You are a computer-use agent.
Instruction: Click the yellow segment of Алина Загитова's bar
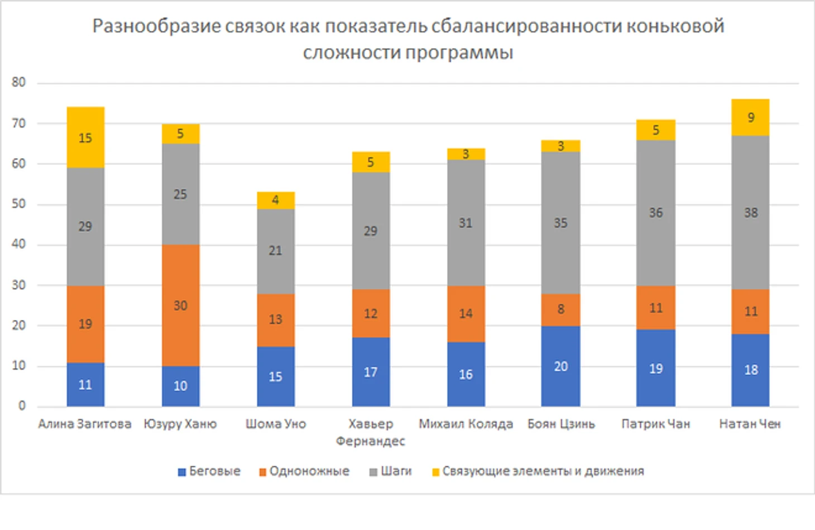[85, 137]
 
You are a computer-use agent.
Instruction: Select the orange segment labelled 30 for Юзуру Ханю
[180, 305]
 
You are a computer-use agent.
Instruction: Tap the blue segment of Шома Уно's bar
[276, 376]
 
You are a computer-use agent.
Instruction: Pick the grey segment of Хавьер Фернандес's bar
[371, 231]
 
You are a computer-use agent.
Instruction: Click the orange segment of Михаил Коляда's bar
[466, 313]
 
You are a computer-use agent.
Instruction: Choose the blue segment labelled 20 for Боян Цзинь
[560, 366]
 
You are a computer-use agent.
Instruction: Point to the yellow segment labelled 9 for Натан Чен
[750, 117]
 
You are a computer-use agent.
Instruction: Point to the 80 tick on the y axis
[19, 83]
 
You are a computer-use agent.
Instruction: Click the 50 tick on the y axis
[19, 204]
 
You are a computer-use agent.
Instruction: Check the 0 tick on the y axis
[22, 406]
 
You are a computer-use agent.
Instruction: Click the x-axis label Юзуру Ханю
[180, 424]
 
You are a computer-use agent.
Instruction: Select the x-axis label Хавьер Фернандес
[371, 432]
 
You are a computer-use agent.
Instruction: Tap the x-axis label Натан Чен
[750, 424]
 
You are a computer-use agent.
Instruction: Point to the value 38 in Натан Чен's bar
[751, 213]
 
